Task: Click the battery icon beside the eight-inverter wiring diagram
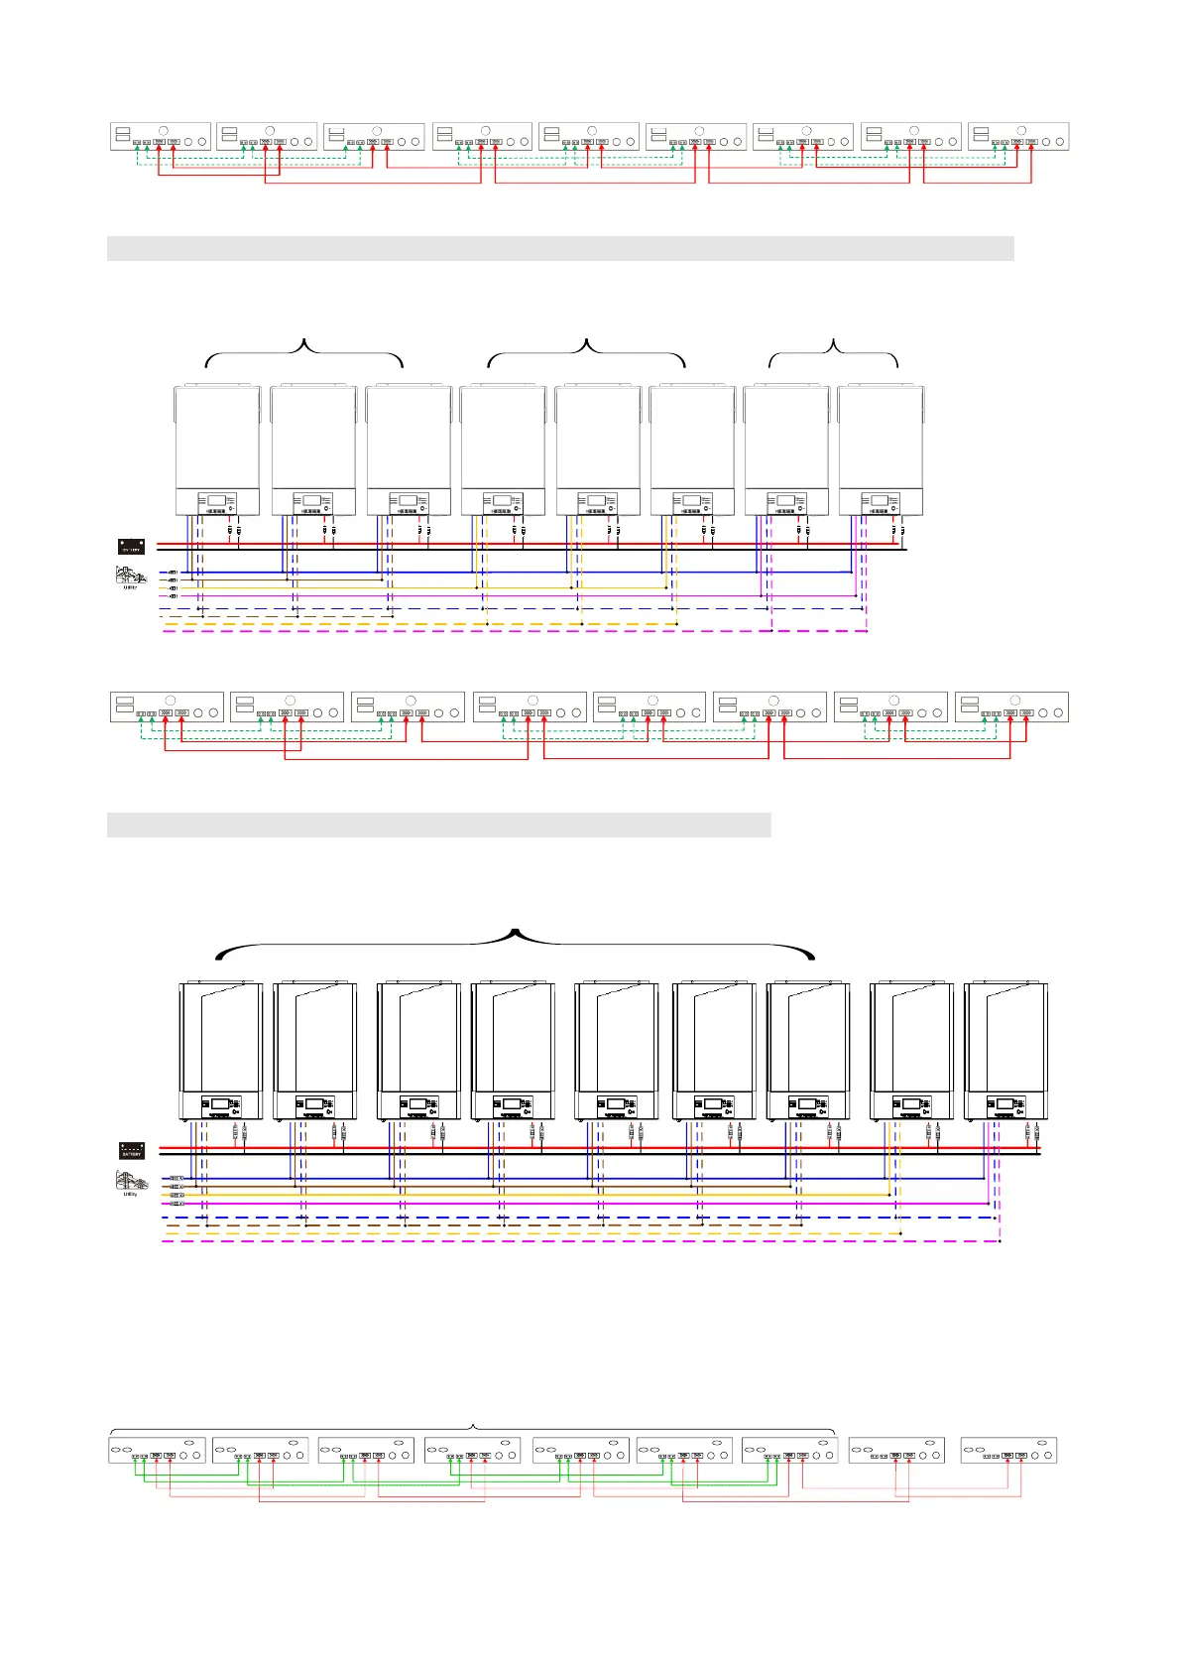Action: tap(131, 546)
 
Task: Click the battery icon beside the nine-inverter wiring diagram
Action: tap(131, 1150)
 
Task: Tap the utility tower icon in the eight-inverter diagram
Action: tap(130, 576)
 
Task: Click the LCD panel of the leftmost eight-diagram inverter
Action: tap(217, 503)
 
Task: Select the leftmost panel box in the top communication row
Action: tap(160, 137)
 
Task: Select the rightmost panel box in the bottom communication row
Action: tap(1008, 1450)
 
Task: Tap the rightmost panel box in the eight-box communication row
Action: tap(1011, 707)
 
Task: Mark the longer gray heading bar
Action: tap(560, 248)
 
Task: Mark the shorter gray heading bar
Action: tap(438, 825)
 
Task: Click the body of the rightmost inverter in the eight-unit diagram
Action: tap(881, 437)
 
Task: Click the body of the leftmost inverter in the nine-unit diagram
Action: tap(221, 1037)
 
